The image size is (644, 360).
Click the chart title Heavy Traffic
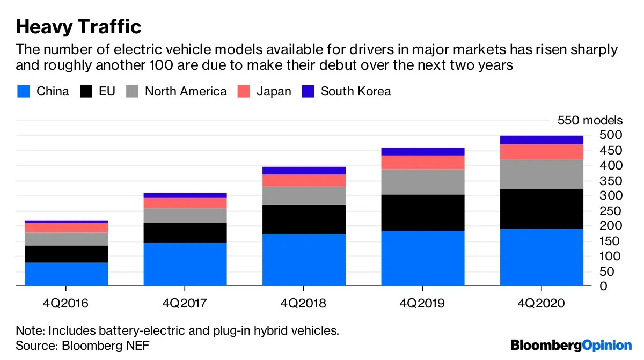pos(78,26)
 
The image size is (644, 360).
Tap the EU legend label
pos(106,91)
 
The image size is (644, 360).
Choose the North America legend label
pos(186,91)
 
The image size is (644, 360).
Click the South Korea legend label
pos(355,91)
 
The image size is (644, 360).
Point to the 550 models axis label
pos(590,120)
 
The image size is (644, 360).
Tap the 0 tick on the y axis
pos(604,286)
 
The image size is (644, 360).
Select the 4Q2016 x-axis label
pos(66,304)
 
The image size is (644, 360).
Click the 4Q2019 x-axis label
pos(423,304)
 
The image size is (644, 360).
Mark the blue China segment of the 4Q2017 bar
pos(185,264)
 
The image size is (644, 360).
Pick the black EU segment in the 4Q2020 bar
pos(541,209)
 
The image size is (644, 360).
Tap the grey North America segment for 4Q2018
pos(304,196)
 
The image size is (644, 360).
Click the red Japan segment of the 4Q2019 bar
pos(423,163)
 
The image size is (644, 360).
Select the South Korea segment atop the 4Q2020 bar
pos(541,140)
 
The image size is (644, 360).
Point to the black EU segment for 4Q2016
pos(66,254)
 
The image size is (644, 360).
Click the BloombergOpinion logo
pos(571,345)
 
